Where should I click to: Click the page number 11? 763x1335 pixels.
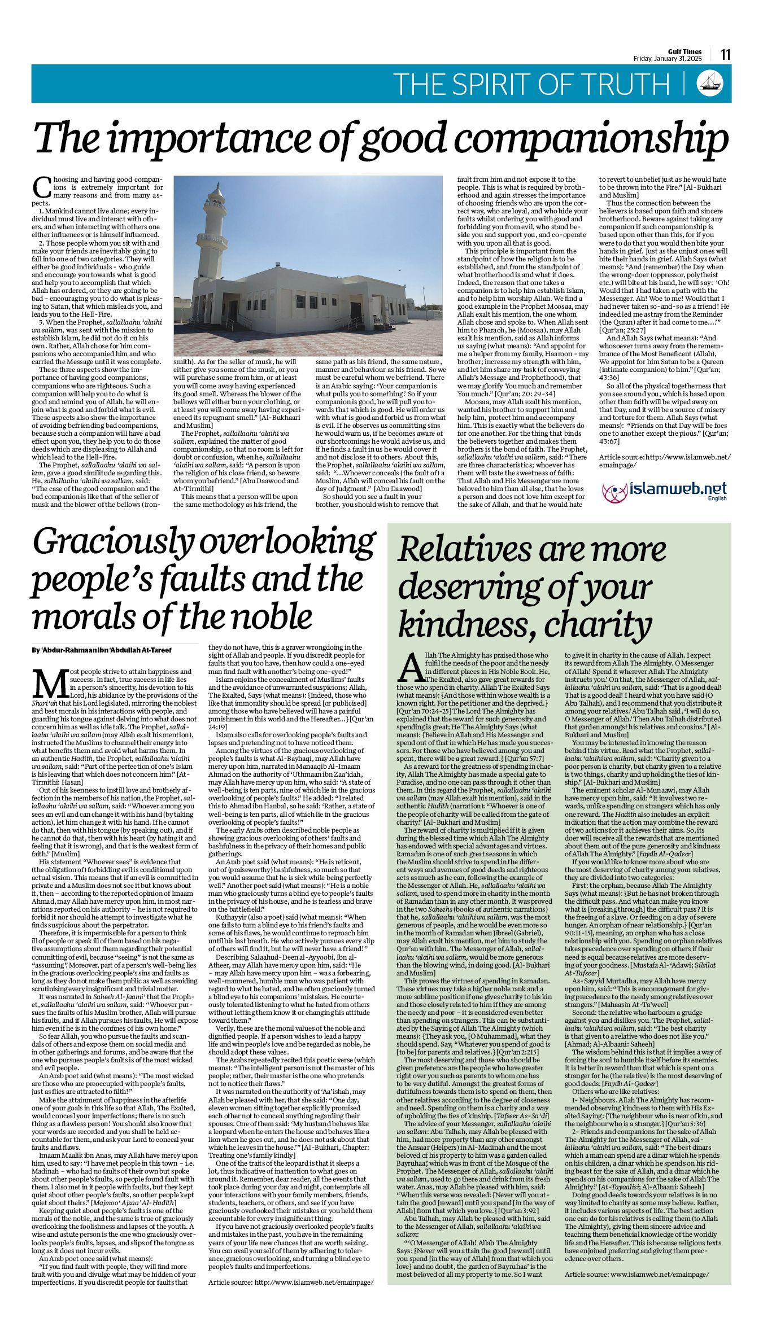[725, 55]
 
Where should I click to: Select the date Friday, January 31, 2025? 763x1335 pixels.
[668, 59]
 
